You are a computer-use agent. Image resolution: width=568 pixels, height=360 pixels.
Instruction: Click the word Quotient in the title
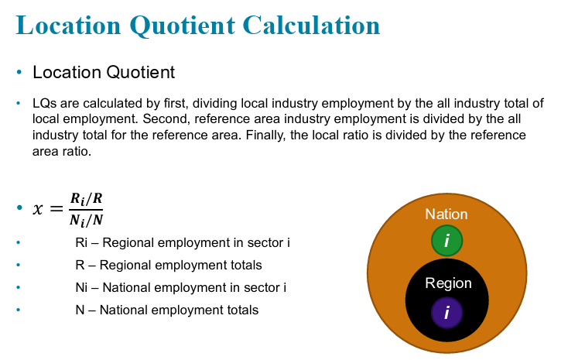coord(183,26)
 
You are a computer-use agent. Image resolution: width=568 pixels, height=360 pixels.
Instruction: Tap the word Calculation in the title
coord(312,26)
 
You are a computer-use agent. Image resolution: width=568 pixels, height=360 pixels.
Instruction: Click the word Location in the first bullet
coord(67,72)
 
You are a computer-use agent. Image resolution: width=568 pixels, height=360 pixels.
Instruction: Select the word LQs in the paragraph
coord(45,103)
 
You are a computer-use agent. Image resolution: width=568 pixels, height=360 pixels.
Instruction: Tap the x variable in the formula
coord(38,209)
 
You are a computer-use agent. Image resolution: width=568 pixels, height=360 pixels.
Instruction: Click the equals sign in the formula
coord(56,209)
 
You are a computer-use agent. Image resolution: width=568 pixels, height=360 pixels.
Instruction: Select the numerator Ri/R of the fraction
coord(86,199)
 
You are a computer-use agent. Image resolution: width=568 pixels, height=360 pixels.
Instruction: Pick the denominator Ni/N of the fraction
coord(86,220)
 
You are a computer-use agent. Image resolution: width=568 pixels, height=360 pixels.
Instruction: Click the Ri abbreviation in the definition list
coord(81,242)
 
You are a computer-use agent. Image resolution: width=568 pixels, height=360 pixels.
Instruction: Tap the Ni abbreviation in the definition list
coord(81,287)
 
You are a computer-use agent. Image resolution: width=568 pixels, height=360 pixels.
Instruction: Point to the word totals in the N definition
coord(243,310)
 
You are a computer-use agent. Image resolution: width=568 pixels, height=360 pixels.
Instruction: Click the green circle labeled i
coord(447,240)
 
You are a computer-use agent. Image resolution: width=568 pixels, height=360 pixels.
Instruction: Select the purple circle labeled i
coord(447,313)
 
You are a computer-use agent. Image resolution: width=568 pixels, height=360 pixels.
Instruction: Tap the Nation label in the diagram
coord(447,214)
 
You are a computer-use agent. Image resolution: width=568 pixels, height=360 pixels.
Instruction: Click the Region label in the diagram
coord(449,283)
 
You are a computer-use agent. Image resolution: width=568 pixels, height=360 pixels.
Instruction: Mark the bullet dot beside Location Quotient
coord(19,72)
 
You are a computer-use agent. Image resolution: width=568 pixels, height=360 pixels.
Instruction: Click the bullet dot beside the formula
coord(19,207)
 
